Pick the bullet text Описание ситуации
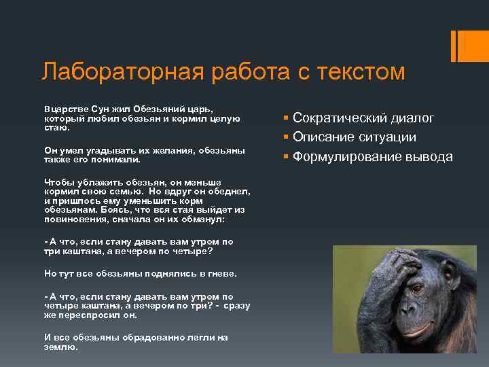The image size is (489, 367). coord(355,137)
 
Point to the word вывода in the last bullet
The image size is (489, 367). coord(431,157)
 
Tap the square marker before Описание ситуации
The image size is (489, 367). coord(287,138)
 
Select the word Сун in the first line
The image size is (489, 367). coord(92,109)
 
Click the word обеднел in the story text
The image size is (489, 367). coord(232,191)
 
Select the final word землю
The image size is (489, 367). coord(61,346)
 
